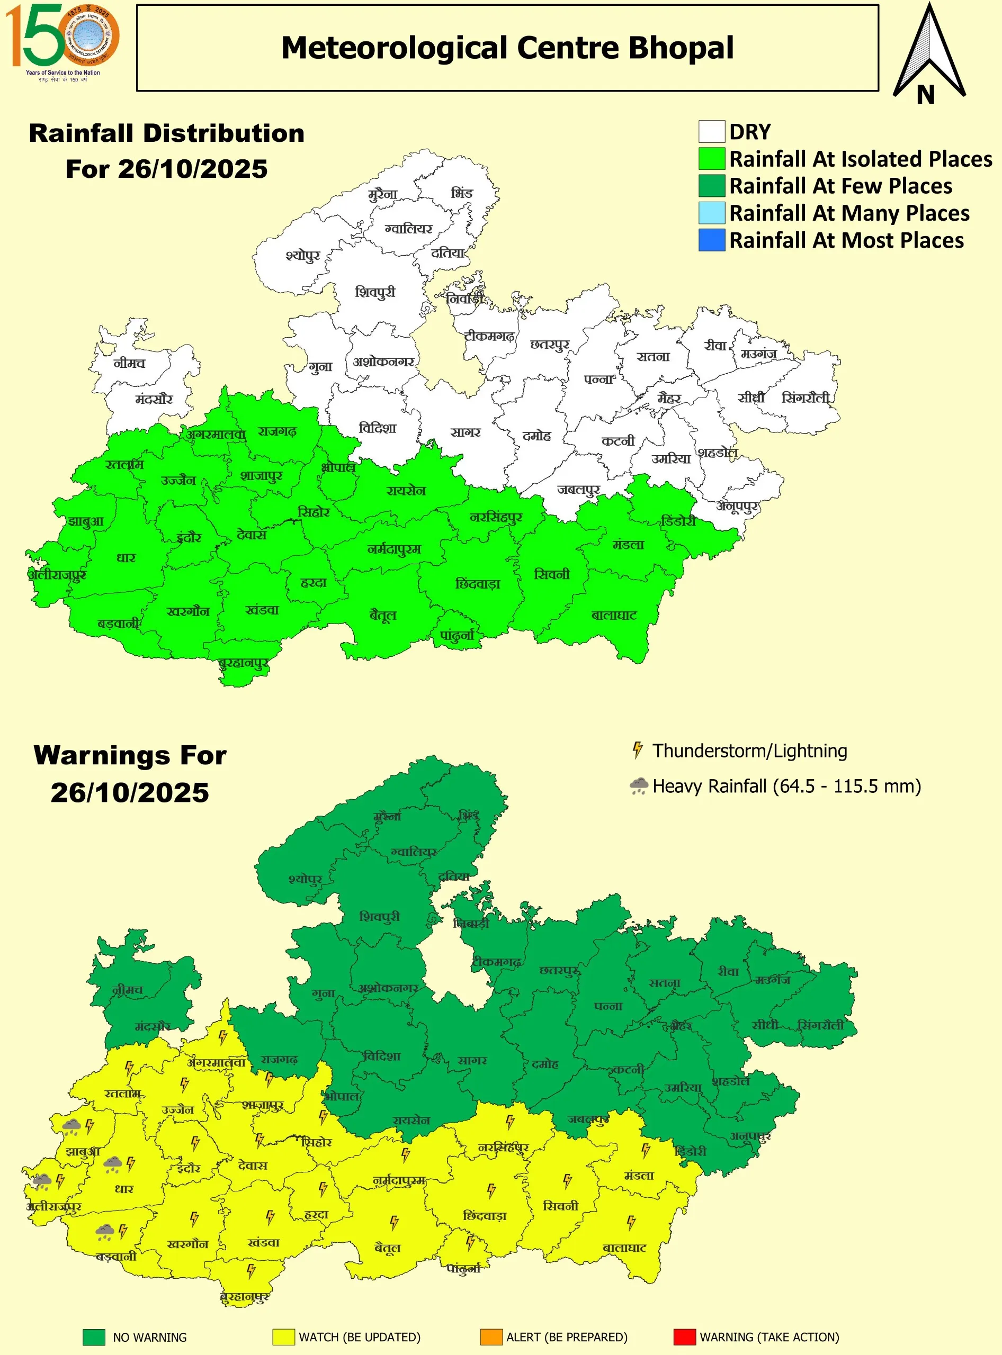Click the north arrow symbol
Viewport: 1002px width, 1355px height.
(928, 55)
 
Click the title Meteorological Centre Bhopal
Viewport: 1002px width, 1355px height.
(507, 48)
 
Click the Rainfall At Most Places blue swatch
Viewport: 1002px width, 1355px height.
(711, 240)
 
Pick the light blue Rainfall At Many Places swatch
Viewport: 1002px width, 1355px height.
(711, 213)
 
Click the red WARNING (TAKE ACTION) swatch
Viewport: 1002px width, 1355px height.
(684, 1337)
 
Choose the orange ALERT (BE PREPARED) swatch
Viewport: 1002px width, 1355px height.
(491, 1337)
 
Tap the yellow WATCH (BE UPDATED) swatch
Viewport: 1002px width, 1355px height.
(283, 1337)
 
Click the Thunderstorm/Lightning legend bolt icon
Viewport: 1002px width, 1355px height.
(637, 750)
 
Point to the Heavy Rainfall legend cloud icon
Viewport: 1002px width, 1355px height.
(639, 787)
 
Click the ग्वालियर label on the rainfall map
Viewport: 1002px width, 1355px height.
(408, 229)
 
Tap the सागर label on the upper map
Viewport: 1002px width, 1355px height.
(465, 432)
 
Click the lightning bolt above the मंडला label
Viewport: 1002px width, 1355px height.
(646, 1150)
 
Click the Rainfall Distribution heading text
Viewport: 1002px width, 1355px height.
(167, 133)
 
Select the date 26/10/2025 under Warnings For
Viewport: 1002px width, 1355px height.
(130, 792)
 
